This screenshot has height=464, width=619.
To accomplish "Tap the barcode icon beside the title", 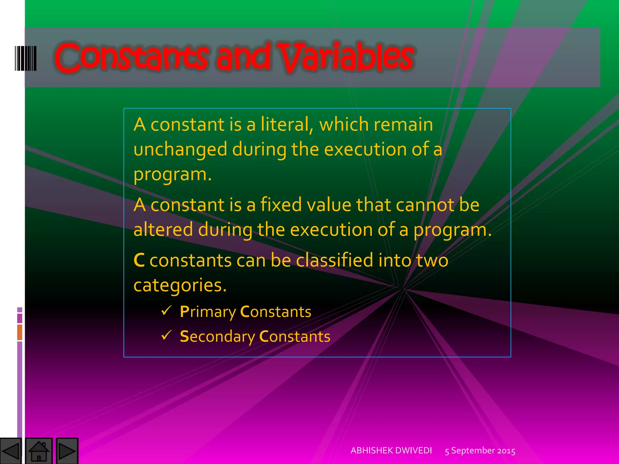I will tap(26, 58).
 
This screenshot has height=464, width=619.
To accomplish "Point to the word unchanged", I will tap(180, 149).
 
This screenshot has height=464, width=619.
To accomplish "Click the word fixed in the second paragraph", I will tap(281, 205).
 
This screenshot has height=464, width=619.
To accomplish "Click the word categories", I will tap(180, 285).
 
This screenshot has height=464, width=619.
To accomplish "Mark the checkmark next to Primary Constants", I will tap(167, 310).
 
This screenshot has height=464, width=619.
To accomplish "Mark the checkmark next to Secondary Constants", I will tap(167, 335).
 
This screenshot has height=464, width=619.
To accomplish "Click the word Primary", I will tap(208, 312).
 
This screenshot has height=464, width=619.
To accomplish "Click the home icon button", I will tap(39, 451).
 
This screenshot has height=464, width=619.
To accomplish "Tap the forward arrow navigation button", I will tap(67, 451).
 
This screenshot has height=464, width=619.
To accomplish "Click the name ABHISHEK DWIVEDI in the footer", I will tap(391, 451).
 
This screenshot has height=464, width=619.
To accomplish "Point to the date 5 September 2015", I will tap(480, 451).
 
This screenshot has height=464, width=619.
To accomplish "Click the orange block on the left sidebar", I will tap(20, 332).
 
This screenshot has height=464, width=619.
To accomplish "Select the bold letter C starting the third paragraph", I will tap(139, 260).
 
